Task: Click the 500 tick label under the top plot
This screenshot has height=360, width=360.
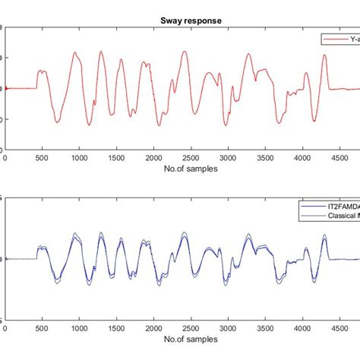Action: point(43,159)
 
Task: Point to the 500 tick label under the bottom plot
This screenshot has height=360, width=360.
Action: point(43,329)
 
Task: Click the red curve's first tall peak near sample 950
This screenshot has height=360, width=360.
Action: point(75,52)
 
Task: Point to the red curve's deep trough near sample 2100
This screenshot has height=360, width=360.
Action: point(160,125)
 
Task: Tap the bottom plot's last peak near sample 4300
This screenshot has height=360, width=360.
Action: point(324,236)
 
